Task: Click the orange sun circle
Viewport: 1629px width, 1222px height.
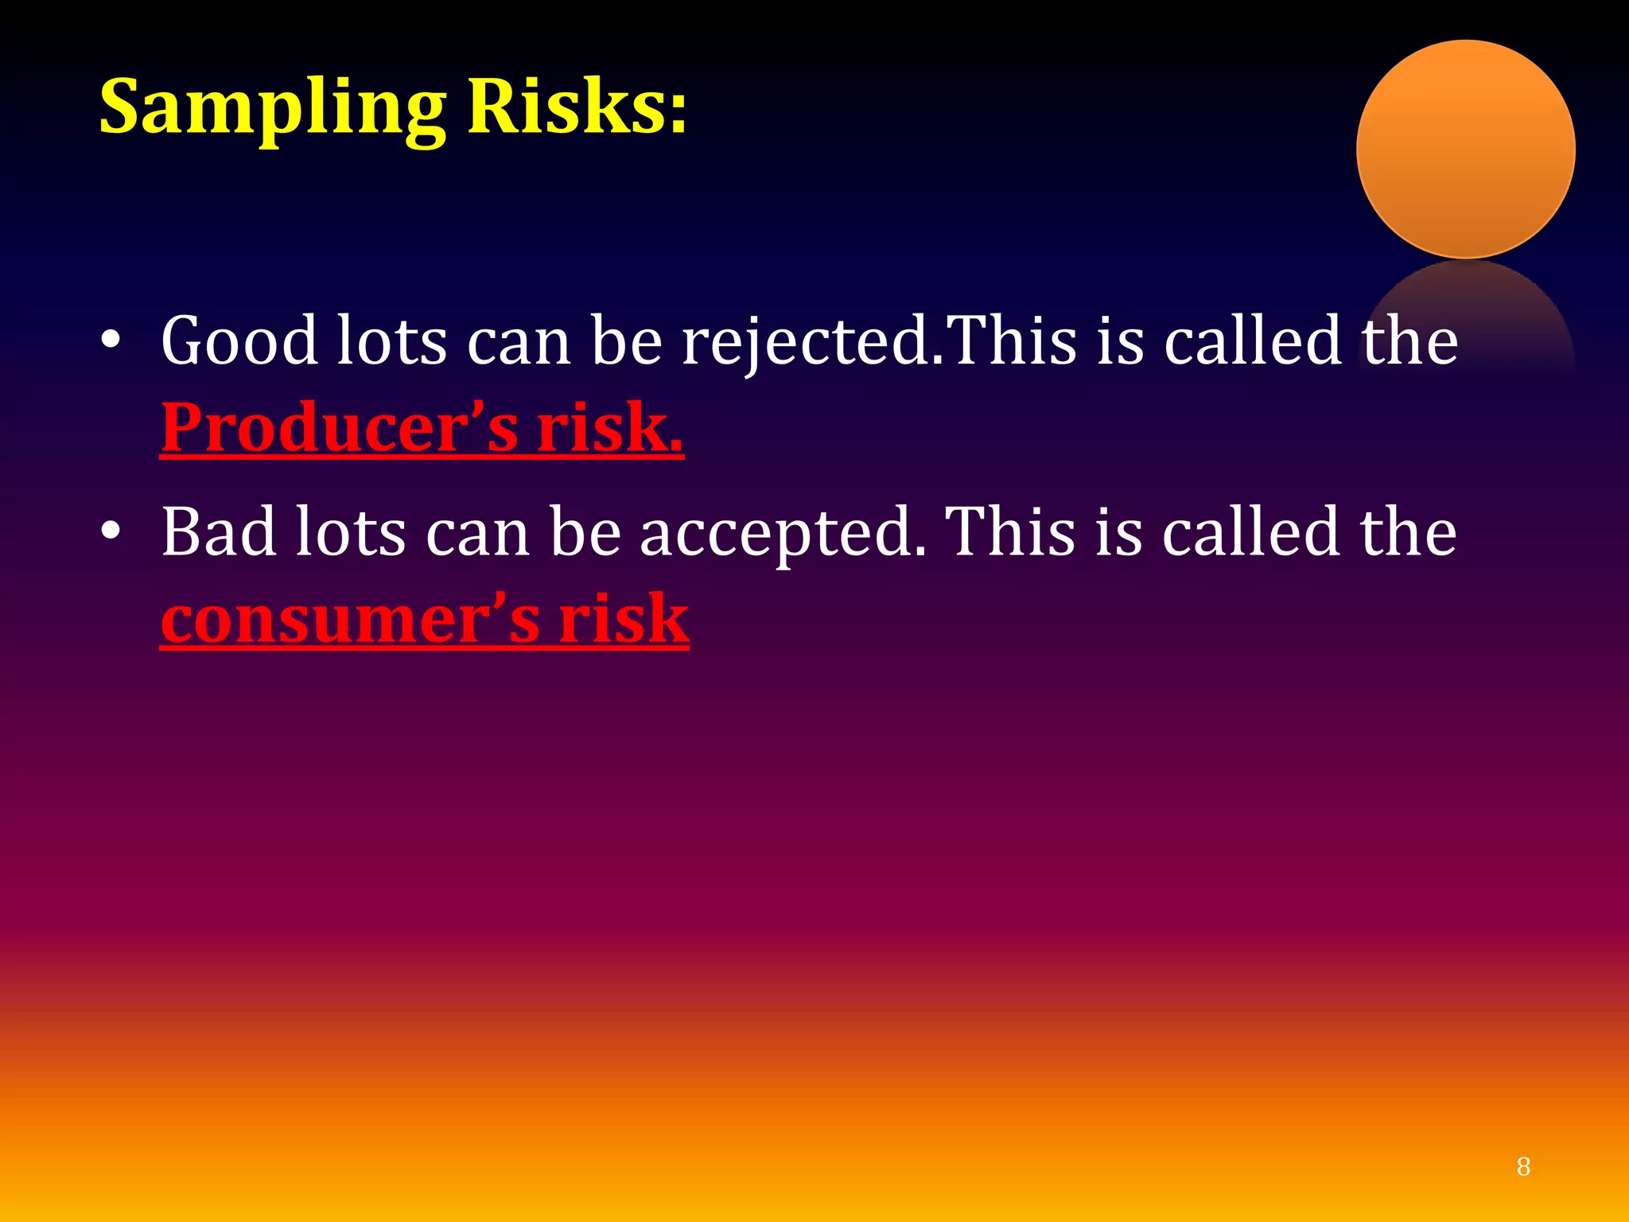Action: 1465,150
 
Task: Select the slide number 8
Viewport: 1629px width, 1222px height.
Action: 1522,1166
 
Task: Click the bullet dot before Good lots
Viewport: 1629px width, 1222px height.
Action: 111,341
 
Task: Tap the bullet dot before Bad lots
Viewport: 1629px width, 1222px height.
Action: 111,531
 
